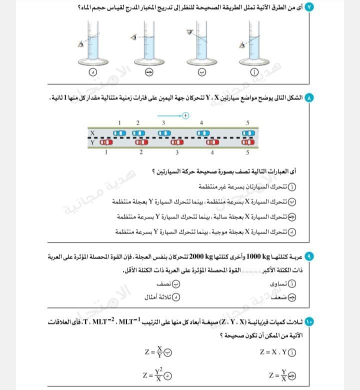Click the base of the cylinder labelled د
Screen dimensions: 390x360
point(92,60)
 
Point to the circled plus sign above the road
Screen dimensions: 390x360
point(185,115)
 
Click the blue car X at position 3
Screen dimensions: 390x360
point(164,133)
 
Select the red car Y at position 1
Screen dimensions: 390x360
point(106,142)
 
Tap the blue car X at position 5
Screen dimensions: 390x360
point(248,133)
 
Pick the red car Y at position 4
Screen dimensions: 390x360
point(212,142)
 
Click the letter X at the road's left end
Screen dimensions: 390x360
point(92,133)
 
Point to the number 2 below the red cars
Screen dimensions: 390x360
point(141,152)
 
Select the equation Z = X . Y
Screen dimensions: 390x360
point(273,351)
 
